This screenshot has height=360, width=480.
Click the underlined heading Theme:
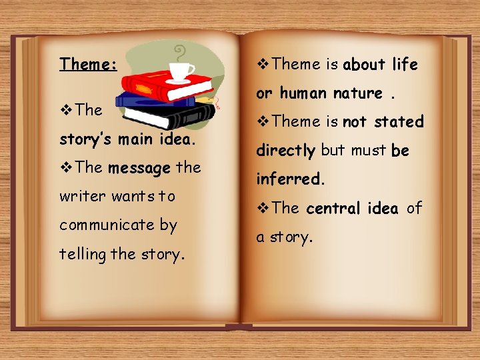pos(89,64)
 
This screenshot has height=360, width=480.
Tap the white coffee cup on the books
pos(181,71)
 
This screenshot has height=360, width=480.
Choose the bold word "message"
pos(139,168)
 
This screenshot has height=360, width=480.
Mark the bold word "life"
pos(405,65)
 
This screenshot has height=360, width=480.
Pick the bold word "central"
pos(335,208)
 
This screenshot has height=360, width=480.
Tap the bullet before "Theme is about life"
pos(263,65)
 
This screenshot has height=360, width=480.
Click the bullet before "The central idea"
pos(263,208)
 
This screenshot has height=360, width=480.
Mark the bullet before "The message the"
pos(65,168)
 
